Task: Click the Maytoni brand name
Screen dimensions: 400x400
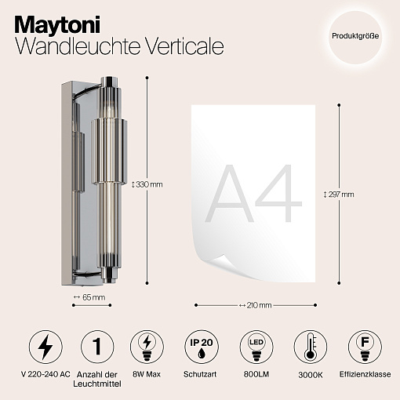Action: [x=57, y=25]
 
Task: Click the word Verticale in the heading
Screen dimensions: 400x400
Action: [x=184, y=46]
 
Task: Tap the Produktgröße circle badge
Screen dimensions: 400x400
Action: [x=355, y=37]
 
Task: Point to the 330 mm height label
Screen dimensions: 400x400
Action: [x=147, y=184]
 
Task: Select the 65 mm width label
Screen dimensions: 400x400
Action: [x=89, y=297]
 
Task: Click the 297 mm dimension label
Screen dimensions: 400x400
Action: [x=339, y=195]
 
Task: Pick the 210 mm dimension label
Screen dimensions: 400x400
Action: [x=256, y=305]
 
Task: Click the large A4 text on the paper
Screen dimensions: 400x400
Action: [x=253, y=194]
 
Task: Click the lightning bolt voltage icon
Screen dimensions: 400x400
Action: [x=45, y=347]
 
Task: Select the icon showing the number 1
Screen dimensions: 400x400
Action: [x=97, y=347]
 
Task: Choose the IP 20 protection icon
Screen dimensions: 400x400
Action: [x=202, y=347]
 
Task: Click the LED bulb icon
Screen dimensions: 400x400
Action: [x=256, y=347]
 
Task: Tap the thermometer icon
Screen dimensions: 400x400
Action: [x=311, y=347]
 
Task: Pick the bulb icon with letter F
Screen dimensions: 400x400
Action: [x=365, y=347]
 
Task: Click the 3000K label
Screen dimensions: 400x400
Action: [x=311, y=375]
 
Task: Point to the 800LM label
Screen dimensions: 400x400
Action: [x=256, y=374]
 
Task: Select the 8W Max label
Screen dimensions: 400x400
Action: [x=147, y=374]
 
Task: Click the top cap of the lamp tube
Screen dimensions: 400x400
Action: [x=109, y=82]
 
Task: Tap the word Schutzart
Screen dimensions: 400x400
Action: [x=200, y=374]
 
